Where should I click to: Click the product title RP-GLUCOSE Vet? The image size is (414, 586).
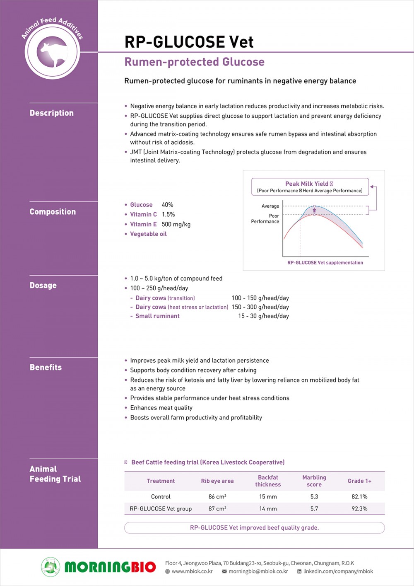189,42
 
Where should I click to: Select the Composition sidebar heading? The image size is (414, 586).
53,212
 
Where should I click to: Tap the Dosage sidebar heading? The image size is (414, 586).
43,286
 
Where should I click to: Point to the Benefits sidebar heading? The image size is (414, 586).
46,368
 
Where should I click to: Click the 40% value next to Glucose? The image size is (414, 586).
167,205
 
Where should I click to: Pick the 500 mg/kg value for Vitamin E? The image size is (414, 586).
176,224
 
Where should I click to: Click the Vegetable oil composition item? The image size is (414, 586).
148,234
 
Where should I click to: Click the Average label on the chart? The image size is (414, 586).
270,206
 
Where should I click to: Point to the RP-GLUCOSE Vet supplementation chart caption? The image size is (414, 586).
325,263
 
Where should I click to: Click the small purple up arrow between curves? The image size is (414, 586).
314,211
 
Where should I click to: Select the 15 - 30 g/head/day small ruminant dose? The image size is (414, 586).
263,316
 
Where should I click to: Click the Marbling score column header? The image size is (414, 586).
314,481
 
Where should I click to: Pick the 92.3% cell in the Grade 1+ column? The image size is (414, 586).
359,509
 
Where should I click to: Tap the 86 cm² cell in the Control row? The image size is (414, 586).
217,496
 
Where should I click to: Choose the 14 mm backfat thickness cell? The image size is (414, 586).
268,509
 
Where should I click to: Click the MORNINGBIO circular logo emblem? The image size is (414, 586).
51,567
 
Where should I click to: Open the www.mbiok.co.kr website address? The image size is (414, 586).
192,571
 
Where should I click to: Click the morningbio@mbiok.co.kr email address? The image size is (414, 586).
258,571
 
